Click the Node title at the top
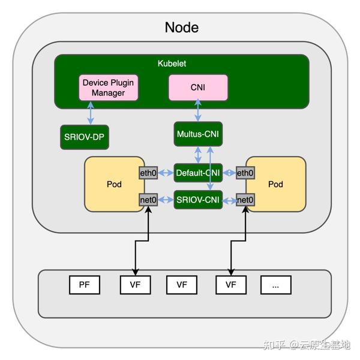[x=181, y=27]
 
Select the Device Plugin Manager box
[x=109, y=88]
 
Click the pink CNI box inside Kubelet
[x=198, y=88]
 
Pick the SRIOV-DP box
[x=85, y=137]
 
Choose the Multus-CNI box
[x=198, y=133]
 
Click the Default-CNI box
[x=198, y=173]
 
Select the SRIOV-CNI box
[x=198, y=200]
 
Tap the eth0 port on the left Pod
[x=149, y=173]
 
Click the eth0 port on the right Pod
[x=245, y=173]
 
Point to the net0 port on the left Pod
[x=149, y=200]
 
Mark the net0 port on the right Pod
[x=245, y=200]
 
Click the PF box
[x=85, y=285]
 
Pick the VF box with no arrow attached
[x=182, y=285]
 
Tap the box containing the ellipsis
[x=275, y=285]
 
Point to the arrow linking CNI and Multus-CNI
[x=198, y=111]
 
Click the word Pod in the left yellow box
[x=114, y=184]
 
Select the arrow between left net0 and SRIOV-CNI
[x=166, y=200]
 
